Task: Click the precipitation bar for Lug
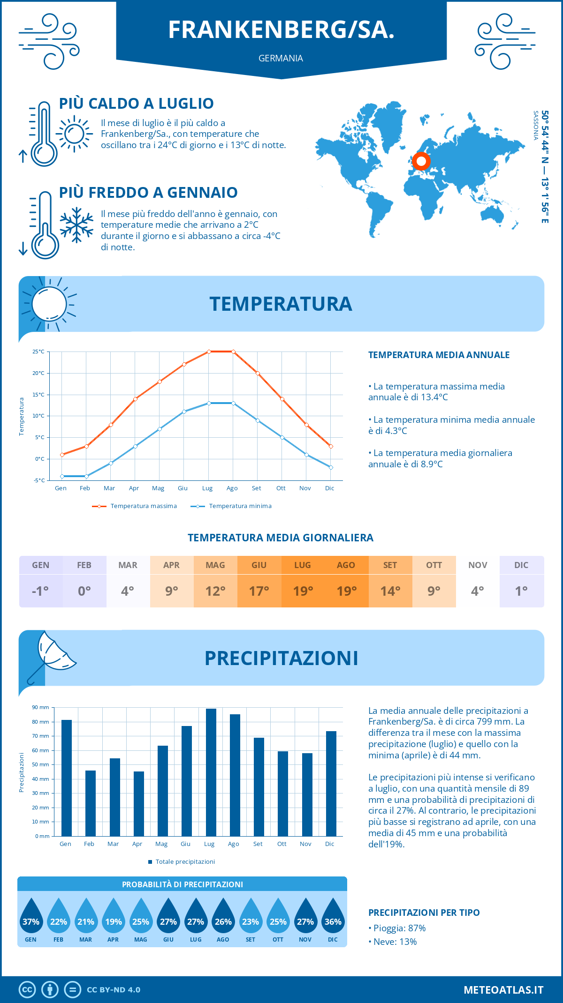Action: [211, 772]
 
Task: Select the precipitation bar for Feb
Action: [91, 803]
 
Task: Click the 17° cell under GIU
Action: [259, 591]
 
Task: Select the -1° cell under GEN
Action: [40, 591]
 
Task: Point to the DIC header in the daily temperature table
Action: [521, 565]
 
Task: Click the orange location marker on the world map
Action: [421, 161]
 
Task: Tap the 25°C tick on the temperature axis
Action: [38, 352]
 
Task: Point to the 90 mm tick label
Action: [40, 707]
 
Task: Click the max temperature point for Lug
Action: [209, 352]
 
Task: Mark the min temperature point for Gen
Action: [62, 476]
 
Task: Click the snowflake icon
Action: [76, 225]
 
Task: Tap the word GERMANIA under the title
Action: [281, 58]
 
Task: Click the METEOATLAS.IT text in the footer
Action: [503, 990]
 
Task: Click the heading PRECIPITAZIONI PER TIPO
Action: [424, 913]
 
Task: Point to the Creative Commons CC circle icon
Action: [27, 990]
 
